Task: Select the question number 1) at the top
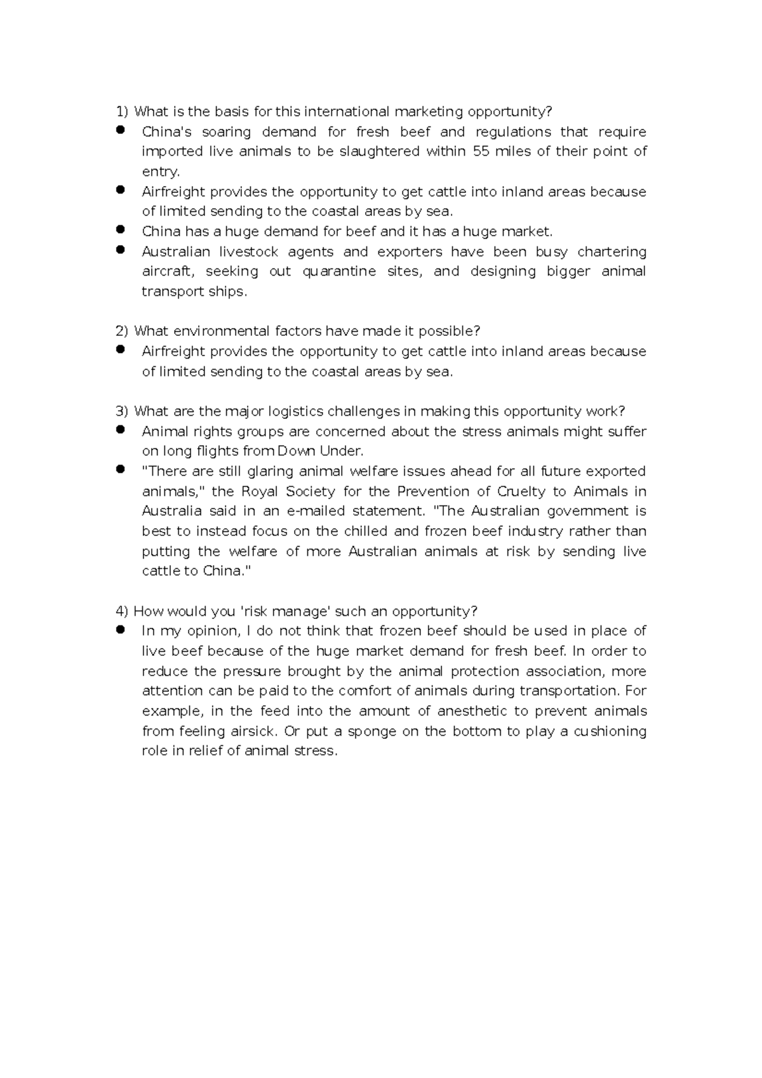[x=122, y=112]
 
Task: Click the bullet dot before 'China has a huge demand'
[x=120, y=230]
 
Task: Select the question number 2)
[x=122, y=331]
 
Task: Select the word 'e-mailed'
[x=316, y=511]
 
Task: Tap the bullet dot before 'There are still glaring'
[x=120, y=470]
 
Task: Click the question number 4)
[x=122, y=611]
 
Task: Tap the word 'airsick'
[x=253, y=731]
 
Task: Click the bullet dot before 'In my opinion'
[x=120, y=630]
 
